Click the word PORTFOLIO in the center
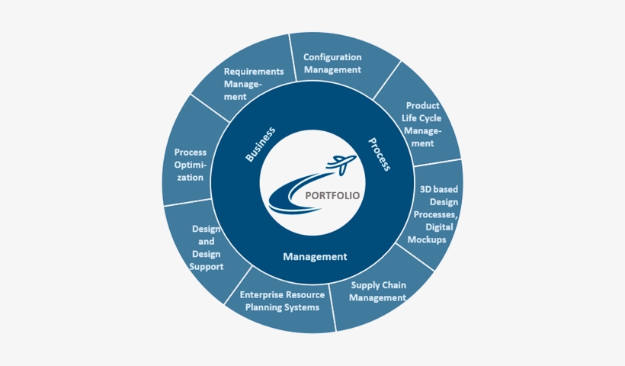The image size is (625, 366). (x=332, y=195)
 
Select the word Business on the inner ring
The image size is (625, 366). (x=260, y=143)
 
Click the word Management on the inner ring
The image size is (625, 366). (x=315, y=257)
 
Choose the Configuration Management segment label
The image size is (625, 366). (x=332, y=63)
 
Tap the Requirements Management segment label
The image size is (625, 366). (x=253, y=84)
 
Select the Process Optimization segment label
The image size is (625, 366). (x=190, y=165)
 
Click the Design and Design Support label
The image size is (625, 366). (x=207, y=247)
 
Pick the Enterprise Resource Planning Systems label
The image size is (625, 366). (x=282, y=300)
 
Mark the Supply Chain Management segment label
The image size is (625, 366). (x=378, y=291)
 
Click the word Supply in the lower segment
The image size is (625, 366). (x=365, y=285)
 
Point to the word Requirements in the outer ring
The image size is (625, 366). (x=254, y=72)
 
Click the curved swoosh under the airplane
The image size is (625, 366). (x=290, y=194)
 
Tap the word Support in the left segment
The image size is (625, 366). (x=207, y=267)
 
